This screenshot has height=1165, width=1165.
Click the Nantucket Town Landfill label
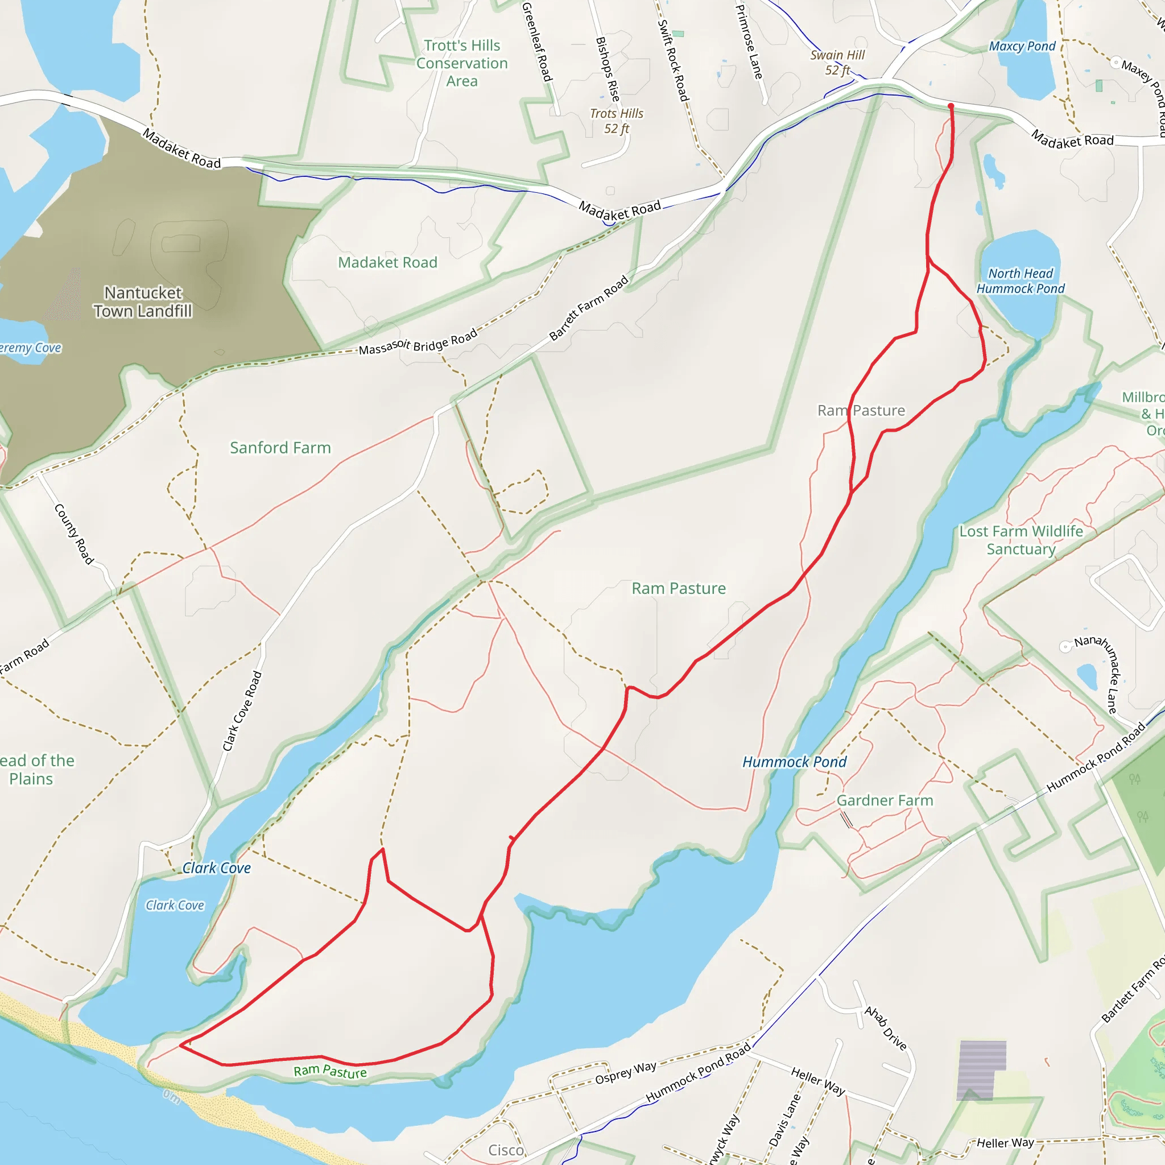pos(143,301)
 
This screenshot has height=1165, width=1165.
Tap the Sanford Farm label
pos(280,448)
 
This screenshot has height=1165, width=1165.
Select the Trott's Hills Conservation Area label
pos(462,63)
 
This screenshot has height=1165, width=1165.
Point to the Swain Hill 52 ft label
pos(837,63)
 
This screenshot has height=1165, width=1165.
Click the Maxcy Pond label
pos(1022,47)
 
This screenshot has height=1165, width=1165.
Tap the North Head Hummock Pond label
pos(1021,281)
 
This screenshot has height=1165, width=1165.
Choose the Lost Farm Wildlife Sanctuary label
pos(1021,540)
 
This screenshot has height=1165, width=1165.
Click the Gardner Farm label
pos(885,800)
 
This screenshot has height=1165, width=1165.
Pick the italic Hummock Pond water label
pos(794,762)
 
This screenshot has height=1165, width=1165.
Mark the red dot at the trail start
pos(951,106)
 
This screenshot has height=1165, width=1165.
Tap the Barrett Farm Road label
pos(589,308)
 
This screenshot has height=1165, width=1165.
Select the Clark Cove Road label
pos(242,712)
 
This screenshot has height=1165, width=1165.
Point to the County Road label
pos(74,534)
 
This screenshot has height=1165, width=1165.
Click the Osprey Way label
pos(625,1073)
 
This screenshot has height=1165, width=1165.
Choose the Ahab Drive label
pos(885,1027)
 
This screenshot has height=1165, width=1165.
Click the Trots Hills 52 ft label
pos(616,121)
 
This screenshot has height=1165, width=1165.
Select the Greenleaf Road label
pos(536,42)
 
